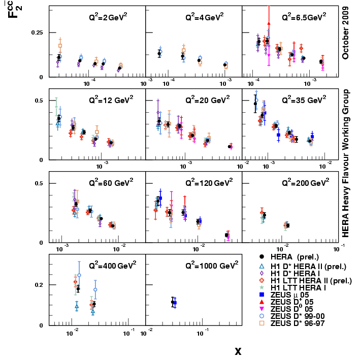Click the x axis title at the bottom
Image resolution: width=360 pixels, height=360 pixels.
[x=238, y=351]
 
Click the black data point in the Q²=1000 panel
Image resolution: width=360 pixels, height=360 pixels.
[x=173, y=302]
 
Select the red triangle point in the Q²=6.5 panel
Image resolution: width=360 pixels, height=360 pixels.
[x=269, y=23]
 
